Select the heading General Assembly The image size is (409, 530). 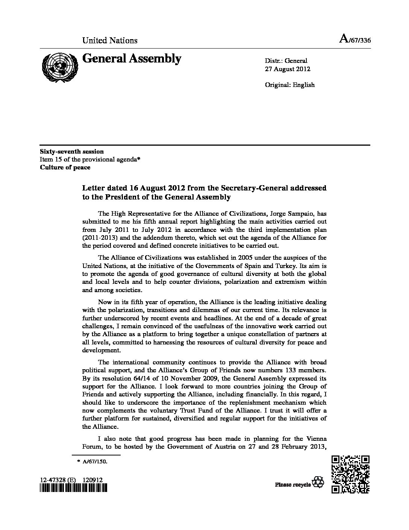(x=132, y=59)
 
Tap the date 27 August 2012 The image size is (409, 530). (x=288, y=69)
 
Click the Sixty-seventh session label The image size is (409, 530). (x=72, y=152)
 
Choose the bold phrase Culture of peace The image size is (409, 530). (x=65, y=167)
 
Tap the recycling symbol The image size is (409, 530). (x=319, y=483)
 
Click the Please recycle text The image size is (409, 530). (x=293, y=484)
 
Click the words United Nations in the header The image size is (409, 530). (x=110, y=40)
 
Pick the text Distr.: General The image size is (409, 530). (x=286, y=61)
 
